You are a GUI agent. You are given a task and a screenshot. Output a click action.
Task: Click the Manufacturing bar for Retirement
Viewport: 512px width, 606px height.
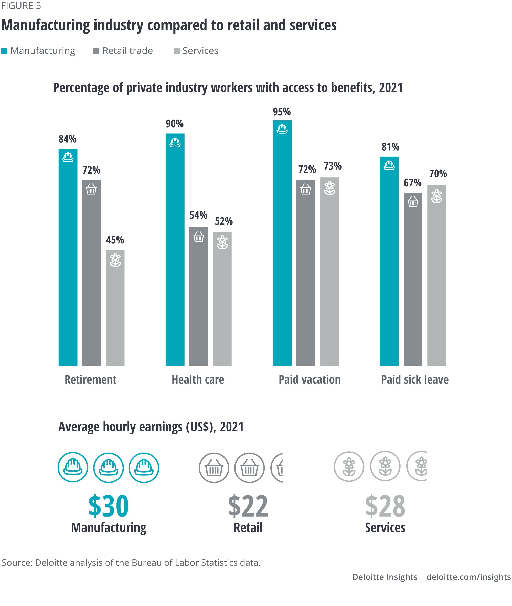point(68,261)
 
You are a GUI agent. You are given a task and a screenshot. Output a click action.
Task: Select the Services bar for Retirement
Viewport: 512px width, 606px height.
point(115,310)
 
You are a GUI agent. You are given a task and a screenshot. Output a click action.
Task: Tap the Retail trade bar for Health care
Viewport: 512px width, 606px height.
point(199,299)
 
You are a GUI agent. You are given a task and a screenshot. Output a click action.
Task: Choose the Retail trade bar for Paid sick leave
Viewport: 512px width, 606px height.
point(413,281)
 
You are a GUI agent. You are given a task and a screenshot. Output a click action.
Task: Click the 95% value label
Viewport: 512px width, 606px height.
point(282,112)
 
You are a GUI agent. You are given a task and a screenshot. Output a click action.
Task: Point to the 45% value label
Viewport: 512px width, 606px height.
point(115,240)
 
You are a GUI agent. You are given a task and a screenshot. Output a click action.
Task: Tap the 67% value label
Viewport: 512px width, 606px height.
point(412,183)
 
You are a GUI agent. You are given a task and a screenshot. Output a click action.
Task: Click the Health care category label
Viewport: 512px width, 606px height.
point(198,379)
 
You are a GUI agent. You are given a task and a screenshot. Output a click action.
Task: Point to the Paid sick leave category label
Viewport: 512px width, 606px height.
point(415,379)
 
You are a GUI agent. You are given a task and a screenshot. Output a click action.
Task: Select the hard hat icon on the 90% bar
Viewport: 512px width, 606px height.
point(175,143)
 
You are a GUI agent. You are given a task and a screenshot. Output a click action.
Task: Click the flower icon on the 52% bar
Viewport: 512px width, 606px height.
point(222,242)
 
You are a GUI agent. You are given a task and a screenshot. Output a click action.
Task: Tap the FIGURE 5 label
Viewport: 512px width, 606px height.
point(21,6)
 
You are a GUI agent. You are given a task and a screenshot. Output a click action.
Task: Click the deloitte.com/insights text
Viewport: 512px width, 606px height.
point(468,577)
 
